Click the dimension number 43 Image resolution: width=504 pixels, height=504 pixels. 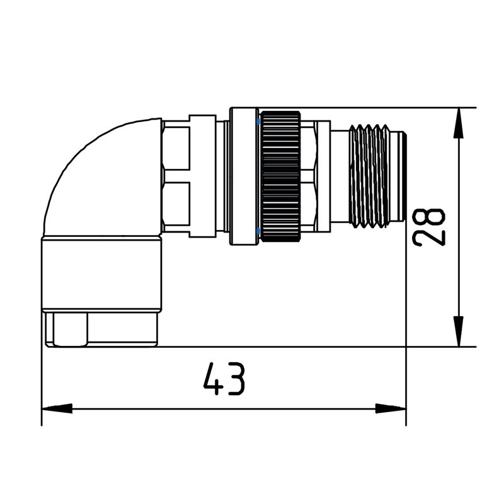click(x=224, y=379)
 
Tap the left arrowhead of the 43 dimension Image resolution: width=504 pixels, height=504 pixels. click(x=57, y=408)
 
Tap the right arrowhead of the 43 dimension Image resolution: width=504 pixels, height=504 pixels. click(x=391, y=408)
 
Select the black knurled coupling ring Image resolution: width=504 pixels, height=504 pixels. click(x=281, y=176)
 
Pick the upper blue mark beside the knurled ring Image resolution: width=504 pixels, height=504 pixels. click(x=258, y=120)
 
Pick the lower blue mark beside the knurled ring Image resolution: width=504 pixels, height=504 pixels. click(x=258, y=233)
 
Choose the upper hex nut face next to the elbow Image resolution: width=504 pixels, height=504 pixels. click(x=176, y=146)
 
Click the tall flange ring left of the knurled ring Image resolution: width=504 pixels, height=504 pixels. click(x=243, y=176)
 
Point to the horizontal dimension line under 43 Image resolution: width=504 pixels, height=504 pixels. click(x=157, y=408)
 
